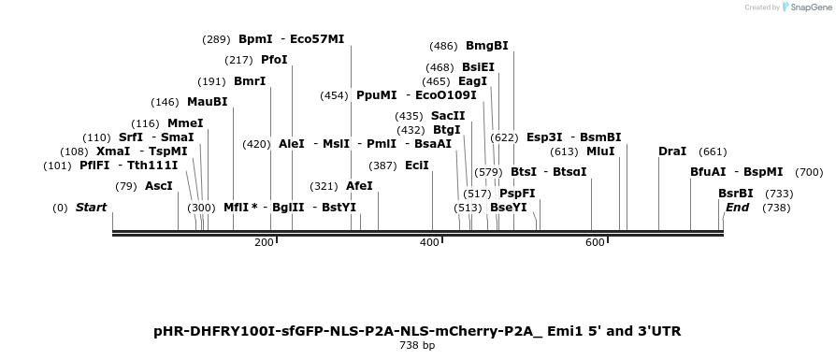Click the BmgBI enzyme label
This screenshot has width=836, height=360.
pyautogui.click(x=487, y=46)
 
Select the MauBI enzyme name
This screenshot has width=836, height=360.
pyautogui.click(x=207, y=102)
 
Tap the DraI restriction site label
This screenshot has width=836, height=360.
pyautogui.click(x=672, y=151)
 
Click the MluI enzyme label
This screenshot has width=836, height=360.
pyautogui.click(x=600, y=151)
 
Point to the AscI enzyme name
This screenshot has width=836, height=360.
pyautogui.click(x=159, y=186)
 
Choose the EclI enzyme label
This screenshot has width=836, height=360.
pyautogui.click(x=417, y=166)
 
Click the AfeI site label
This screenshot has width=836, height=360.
pyautogui.click(x=359, y=186)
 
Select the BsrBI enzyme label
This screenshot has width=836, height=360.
pyautogui.click(x=736, y=194)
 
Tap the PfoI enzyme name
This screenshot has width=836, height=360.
pyautogui.click(x=274, y=60)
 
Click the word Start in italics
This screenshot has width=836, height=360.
pyautogui.click(x=91, y=208)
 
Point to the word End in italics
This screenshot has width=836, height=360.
pyautogui.click(x=737, y=208)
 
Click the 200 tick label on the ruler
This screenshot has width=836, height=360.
pyautogui.click(x=264, y=243)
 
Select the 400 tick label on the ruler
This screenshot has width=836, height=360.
pyautogui.click(x=429, y=243)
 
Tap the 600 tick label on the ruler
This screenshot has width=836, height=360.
pyautogui.click(x=595, y=243)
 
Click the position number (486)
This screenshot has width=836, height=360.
pyautogui.click(x=443, y=46)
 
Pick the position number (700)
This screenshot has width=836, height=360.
pyautogui.click(x=809, y=172)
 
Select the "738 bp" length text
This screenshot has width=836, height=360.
pyautogui.click(x=417, y=346)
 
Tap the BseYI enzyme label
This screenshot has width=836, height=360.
pyautogui.click(x=509, y=208)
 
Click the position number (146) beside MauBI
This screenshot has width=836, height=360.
pyautogui.click(x=165, y=102)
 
